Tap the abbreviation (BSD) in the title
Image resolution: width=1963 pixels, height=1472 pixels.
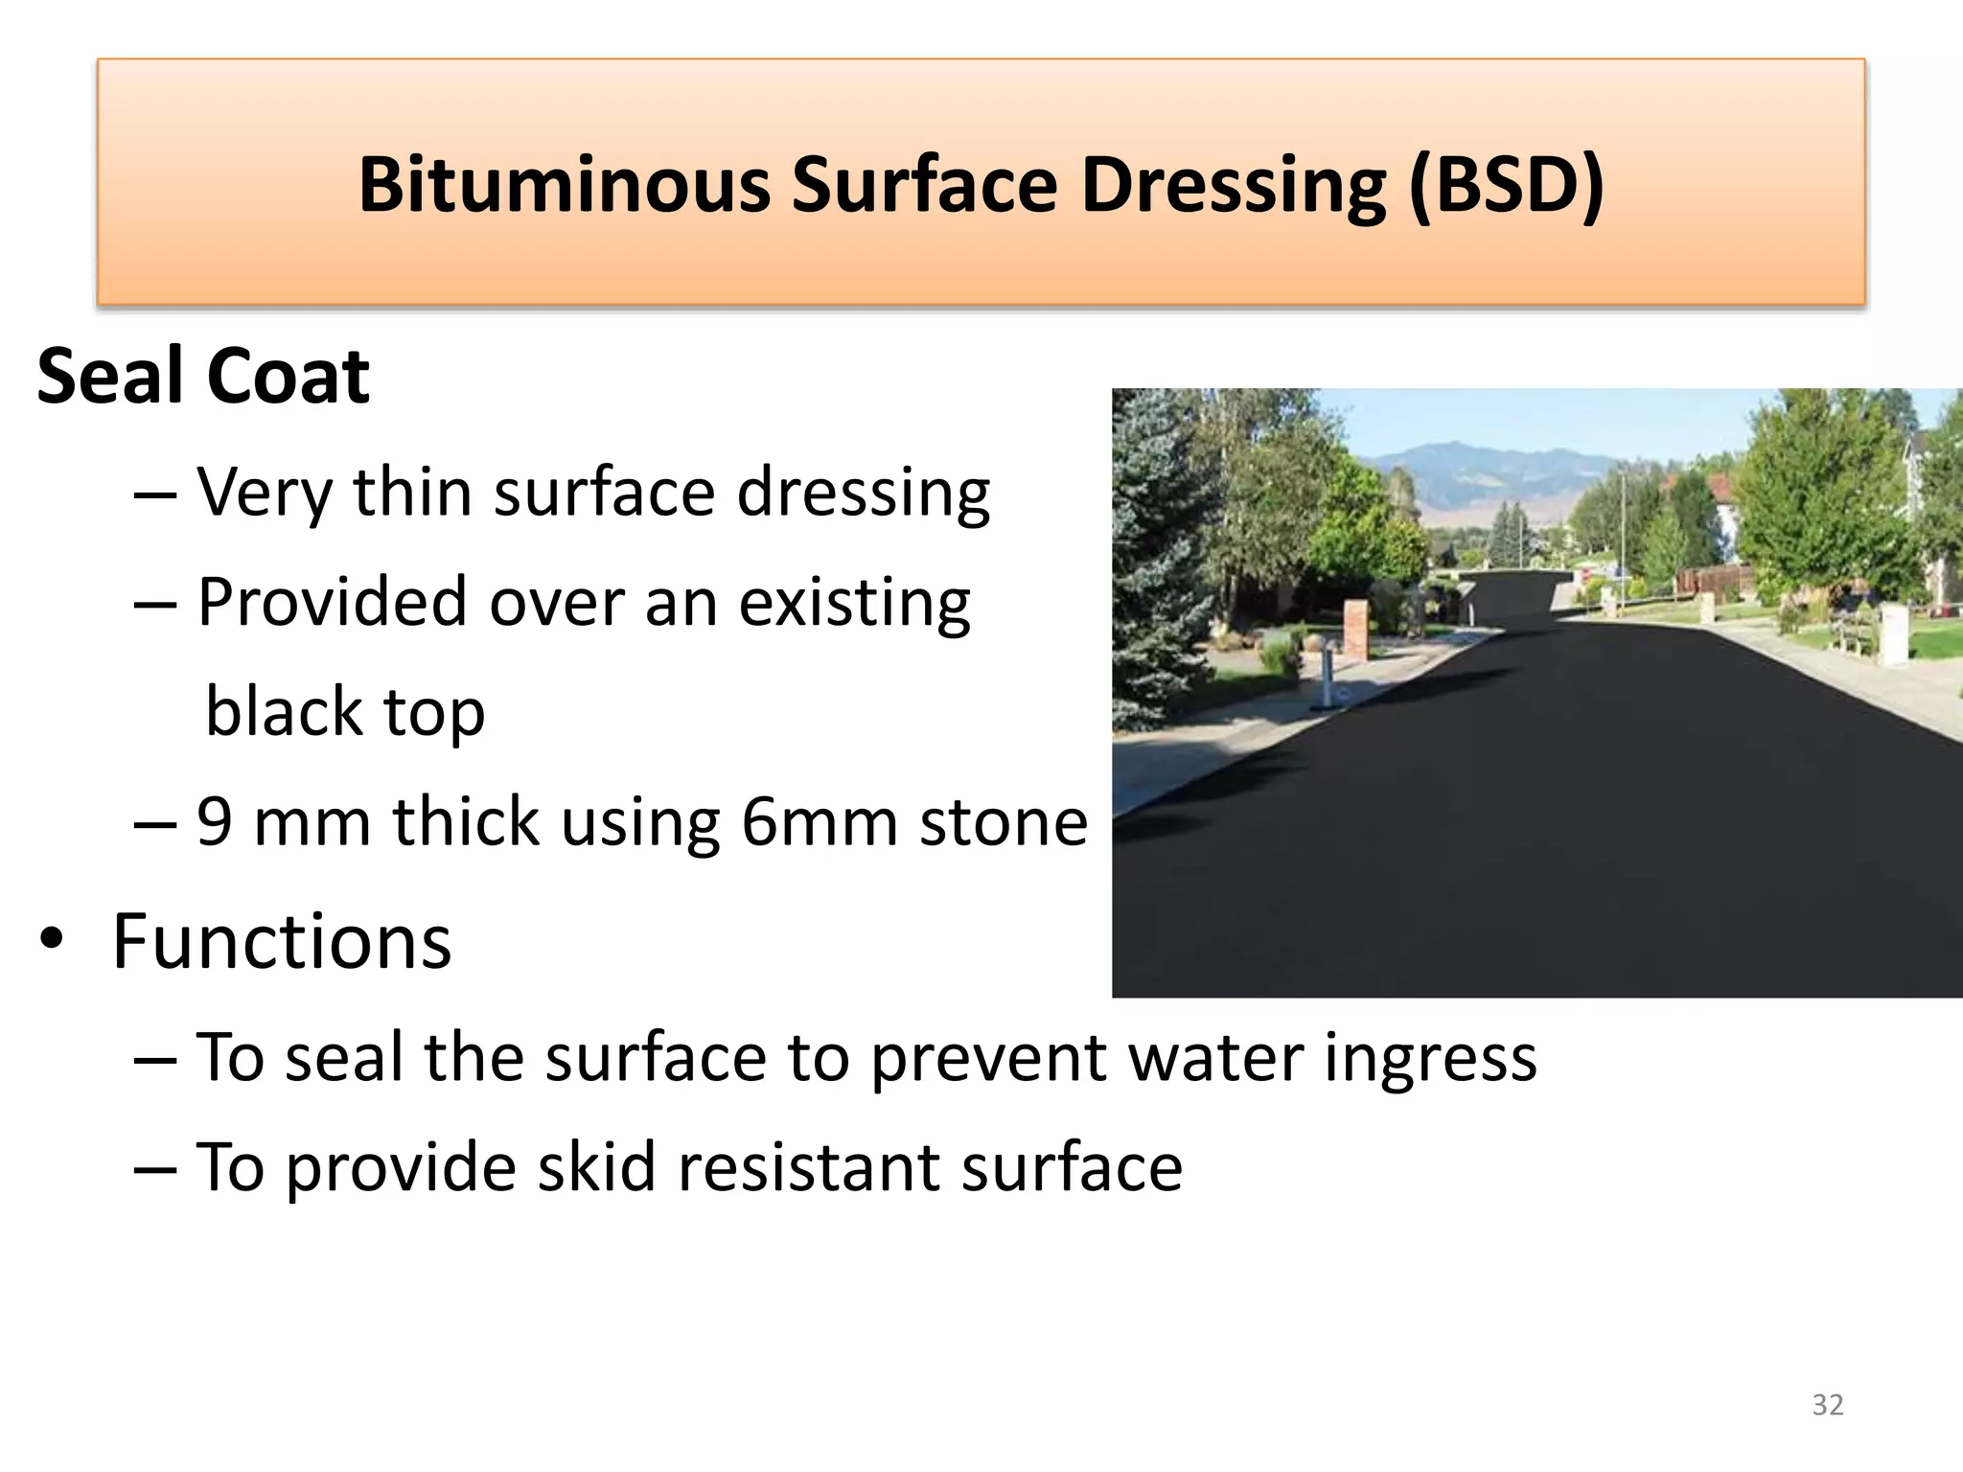1506,184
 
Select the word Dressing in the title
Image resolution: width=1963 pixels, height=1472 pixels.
1233,184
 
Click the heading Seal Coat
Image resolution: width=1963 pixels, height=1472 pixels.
203,376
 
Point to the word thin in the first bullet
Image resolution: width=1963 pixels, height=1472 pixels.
412,492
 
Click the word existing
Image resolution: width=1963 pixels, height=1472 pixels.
854,603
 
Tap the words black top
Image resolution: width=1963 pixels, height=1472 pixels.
345,713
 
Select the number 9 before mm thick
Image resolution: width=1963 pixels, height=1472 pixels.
214,822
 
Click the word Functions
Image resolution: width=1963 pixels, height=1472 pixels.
282,942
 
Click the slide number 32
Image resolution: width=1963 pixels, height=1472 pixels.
1827,1405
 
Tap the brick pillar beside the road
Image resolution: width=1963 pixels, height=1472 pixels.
1353,629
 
